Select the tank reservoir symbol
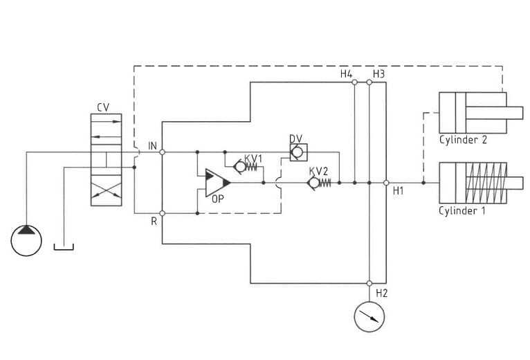tap(64, 249)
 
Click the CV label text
tap(103, 107)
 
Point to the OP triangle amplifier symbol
tap(217, 183)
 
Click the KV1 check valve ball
tap(240, 166)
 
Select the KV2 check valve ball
tap(314, 183)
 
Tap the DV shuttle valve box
tap(298, 152)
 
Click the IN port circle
tap(162, 152)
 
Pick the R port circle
tap(162, 213)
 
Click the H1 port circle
tap(386, 183)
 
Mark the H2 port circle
tap(369, 283)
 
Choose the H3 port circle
tap(369, 82)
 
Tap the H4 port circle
tap(354, 82)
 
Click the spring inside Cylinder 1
tap(486, 183)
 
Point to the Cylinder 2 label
tap(463, 140)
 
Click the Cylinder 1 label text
tap(462, 210)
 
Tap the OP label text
tap(218, 199)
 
